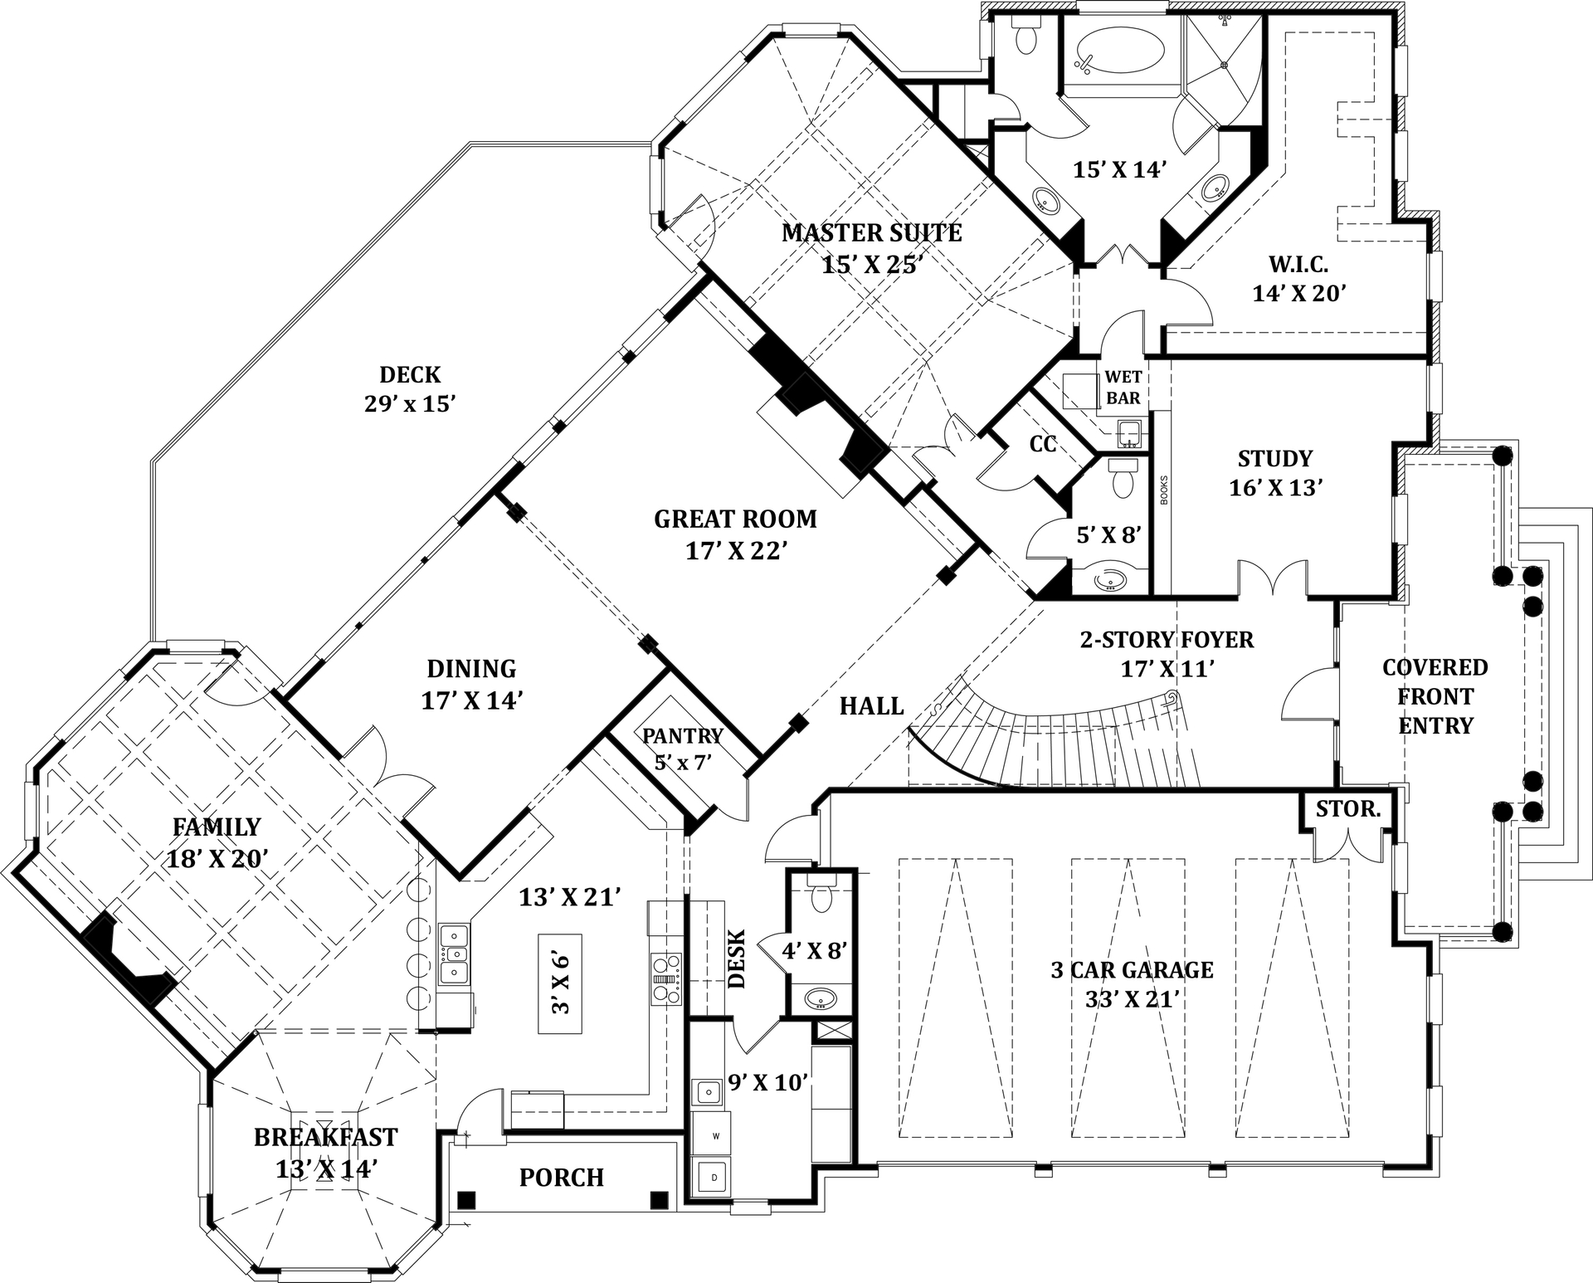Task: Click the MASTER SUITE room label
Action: (x=871, y=232)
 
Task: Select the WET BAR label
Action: (x=1123, y=388)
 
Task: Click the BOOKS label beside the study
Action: (x=1163, y=490)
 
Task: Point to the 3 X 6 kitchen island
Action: (x=560, y=983)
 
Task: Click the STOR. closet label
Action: (x=1348, y=808)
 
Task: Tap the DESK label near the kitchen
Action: (x=738, y=959)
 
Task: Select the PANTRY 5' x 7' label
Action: (x=683, y=748)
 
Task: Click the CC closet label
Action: (x=1043, y=445)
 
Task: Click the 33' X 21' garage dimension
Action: (x=1133, y=999)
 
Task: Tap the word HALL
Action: (x=871, y=706)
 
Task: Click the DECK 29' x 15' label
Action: (x=411, y=388)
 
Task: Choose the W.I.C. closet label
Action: (x=1298, y=265)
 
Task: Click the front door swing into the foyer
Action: (x=1309, y=697)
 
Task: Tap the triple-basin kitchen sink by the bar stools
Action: (x=454, y=954)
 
